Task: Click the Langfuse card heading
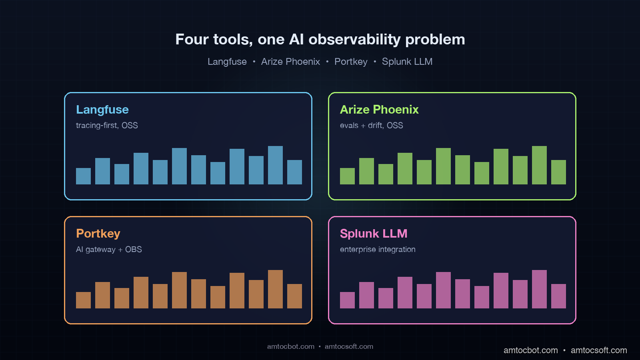tap(102, 110)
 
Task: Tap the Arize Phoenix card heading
tap(379, 110)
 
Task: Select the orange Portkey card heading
tap(98, 234)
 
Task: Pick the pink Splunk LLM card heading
tap(374, 234)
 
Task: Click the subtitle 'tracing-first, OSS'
tap(107, 126)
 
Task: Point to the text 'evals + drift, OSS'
tap(371, 126)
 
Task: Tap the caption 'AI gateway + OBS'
tap(109, 250)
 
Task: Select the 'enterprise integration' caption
tap(378, 250)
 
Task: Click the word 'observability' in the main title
tap(354, 40)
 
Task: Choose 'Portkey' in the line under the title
tap(351, 62)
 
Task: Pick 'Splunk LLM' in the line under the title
tap(407, 62)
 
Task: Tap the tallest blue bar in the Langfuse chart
tap(275, 165)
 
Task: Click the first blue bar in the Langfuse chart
tap(83, 176)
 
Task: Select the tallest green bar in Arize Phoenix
tap(539, 165)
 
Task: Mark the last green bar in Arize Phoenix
tap(558, 172)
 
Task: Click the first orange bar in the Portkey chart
tap(83, 300)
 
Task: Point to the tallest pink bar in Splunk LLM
tap(539, 289)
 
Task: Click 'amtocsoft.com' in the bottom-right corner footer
tap(599, 350)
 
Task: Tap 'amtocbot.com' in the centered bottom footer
tap(291, 346)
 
